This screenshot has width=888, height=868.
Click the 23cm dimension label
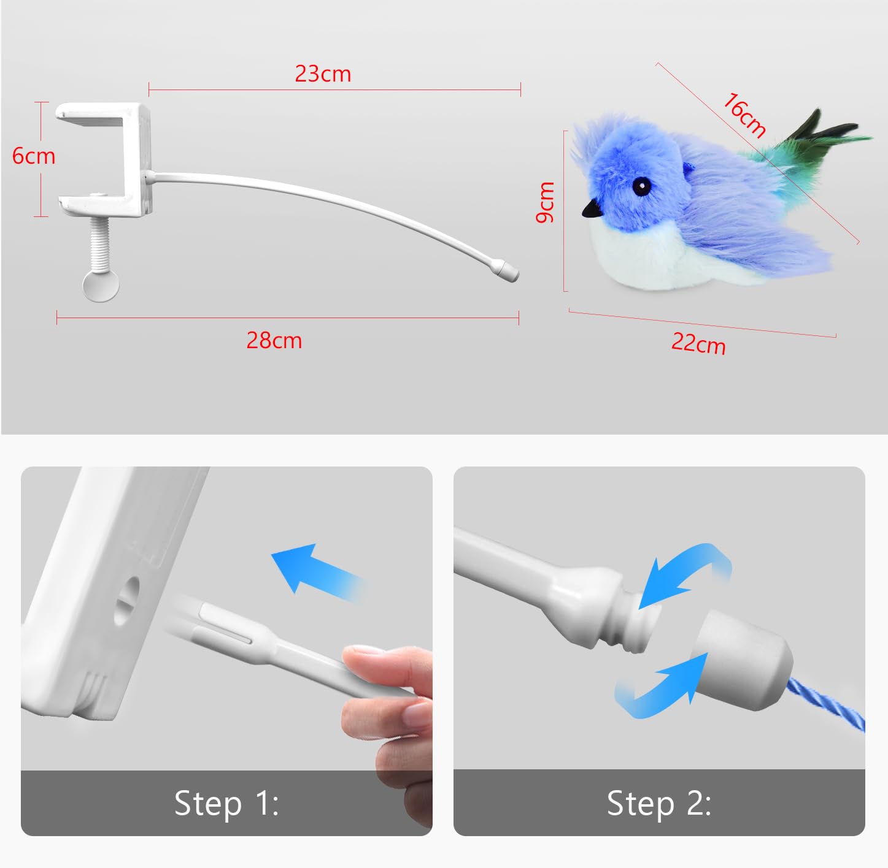pos(323,74)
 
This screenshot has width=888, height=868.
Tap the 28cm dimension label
pos(274,340)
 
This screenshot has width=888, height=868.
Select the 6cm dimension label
pos(34,156)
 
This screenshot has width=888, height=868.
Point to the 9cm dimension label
pos(546,202)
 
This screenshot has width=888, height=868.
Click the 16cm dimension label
pos(744,114)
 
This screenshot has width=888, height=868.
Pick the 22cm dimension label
pos(698,343)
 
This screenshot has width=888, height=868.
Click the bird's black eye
pos(642,186)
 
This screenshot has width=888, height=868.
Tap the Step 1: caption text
pos(226,803)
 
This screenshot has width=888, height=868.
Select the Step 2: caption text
pos(659,803)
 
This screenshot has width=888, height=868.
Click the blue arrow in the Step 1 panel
pos(316,570)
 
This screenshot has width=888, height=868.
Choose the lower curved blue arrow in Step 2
pos(663,690)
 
